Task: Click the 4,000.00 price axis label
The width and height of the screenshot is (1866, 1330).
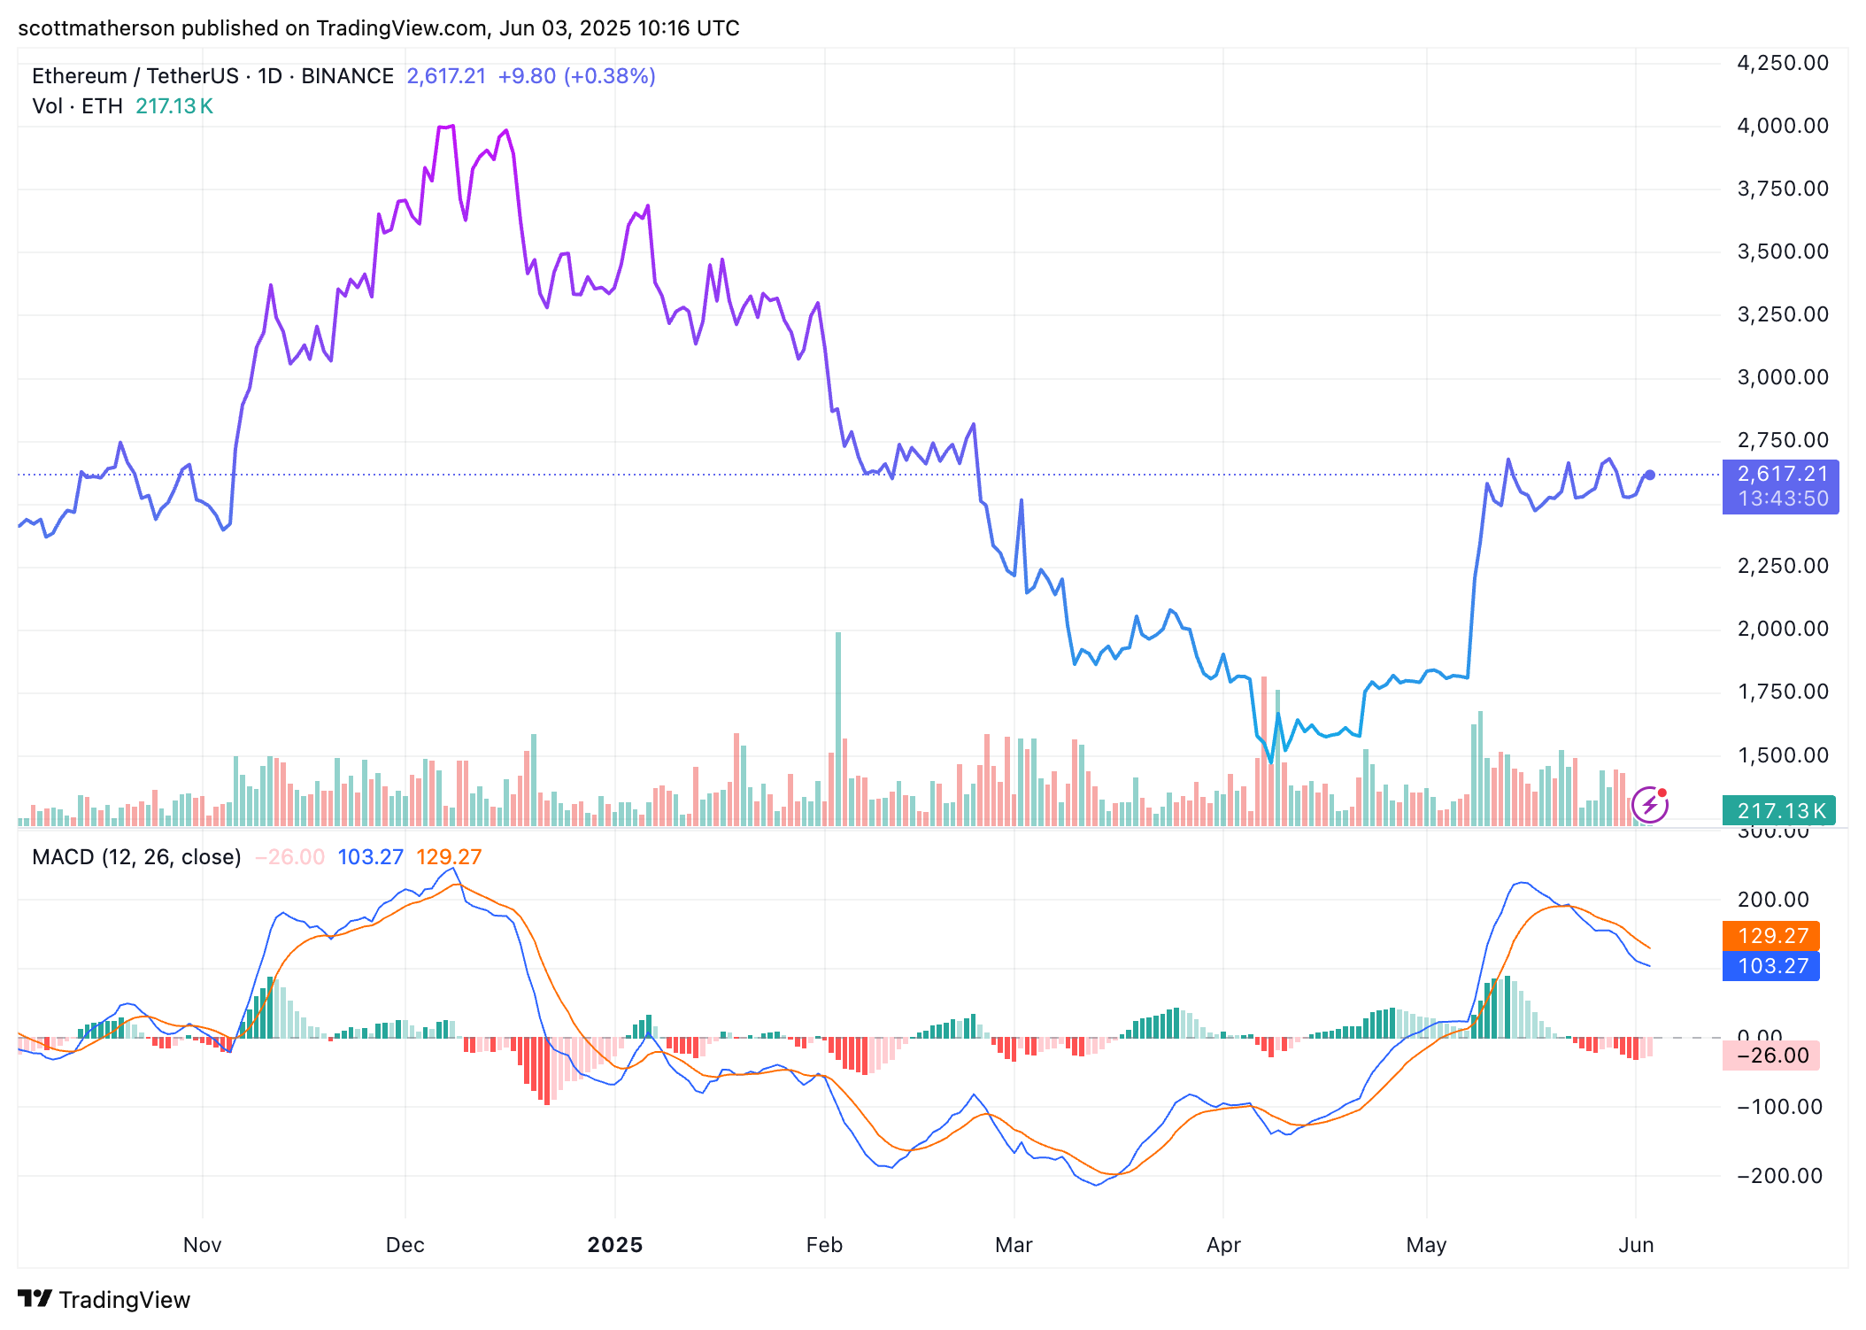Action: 1782,126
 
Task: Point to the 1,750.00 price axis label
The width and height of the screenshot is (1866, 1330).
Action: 1782,692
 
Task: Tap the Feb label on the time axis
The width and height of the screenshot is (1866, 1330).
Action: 824,1245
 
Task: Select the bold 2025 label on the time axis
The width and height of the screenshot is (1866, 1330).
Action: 615,1245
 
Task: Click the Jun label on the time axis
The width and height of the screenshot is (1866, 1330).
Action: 1636,1245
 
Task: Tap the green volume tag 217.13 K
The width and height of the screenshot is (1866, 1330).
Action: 1778,811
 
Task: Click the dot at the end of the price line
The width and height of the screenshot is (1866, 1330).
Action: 1650,475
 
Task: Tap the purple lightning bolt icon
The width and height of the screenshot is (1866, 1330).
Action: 1650,805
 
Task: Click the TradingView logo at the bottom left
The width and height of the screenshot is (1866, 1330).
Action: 104,1299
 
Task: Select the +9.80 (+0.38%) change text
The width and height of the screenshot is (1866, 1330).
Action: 576,76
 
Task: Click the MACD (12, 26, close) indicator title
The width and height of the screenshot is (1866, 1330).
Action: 136,857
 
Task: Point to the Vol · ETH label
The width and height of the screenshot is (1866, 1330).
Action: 77,106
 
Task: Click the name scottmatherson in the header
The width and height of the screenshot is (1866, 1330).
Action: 96,28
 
